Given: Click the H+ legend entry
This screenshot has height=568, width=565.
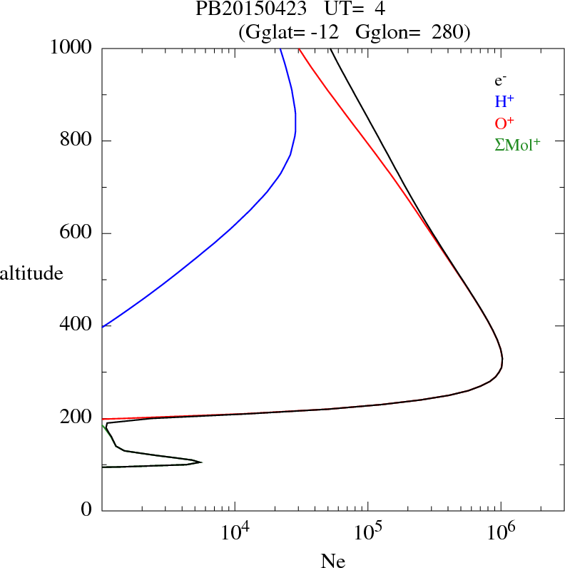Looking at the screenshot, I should coord(504,102).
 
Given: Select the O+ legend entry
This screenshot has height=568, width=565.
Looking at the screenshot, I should coord(504,123).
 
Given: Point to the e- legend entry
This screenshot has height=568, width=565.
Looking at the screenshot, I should coord(500,81).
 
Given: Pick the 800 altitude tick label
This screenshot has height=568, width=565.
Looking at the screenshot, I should coord(76,140).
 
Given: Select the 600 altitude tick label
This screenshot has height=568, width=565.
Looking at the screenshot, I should coord(76,233).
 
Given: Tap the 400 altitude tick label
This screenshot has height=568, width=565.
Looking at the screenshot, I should coord(76,325).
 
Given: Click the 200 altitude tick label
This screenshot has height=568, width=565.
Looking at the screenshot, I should coord(76,417).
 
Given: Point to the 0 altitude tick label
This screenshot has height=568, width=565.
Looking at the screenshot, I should coord(87,510).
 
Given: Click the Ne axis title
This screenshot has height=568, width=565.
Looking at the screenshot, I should coord(333,561).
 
